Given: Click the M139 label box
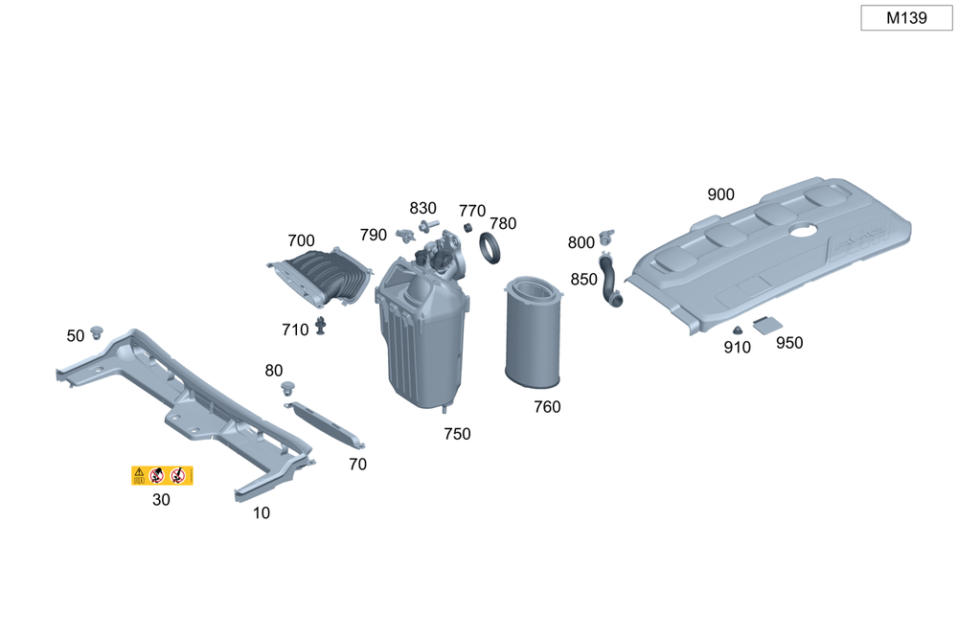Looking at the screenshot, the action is click(905, 17).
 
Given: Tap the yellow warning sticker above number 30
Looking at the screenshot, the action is click(162, 475).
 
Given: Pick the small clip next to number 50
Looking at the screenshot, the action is click(97, 332).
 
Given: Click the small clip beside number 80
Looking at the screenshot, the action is click(288, 388).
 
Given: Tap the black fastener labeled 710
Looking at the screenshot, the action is click(322, 328).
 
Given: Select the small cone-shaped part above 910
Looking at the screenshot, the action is click(737, 330).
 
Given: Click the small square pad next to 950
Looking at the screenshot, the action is click(765, 326).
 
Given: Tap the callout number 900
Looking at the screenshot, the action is click(720, 195).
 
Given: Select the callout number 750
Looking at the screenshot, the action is click(457, 435).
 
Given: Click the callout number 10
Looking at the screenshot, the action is click(262, 513).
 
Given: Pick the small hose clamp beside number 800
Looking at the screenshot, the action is click(605, 236).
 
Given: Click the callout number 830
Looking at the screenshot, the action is click(422, 209).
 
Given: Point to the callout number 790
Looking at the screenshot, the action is click(374, 236).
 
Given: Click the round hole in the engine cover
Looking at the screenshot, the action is click(802, 230).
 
